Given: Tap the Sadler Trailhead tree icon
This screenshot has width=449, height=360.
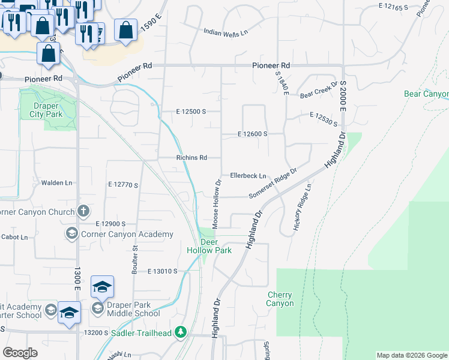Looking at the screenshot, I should [181, 332].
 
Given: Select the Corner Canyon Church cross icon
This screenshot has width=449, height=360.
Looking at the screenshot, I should [83, 211].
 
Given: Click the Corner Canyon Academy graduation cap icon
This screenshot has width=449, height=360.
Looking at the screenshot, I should [71, 233].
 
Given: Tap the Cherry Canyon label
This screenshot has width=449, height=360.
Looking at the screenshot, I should [280, 299].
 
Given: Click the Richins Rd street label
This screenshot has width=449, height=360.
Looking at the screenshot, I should [191, 158].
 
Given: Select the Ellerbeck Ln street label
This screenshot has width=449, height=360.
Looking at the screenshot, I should [248, 176].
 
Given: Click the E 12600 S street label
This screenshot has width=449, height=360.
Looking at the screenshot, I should [252, 134].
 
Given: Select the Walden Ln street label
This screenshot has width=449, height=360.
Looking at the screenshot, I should [56, 182].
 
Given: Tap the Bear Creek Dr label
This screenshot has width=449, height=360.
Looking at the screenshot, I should [319, 91].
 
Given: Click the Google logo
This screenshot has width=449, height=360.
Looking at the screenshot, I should [20, 353].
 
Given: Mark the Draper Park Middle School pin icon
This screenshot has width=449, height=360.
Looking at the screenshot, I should [97, 308].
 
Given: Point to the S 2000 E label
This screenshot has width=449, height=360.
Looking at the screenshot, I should [344, 96].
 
